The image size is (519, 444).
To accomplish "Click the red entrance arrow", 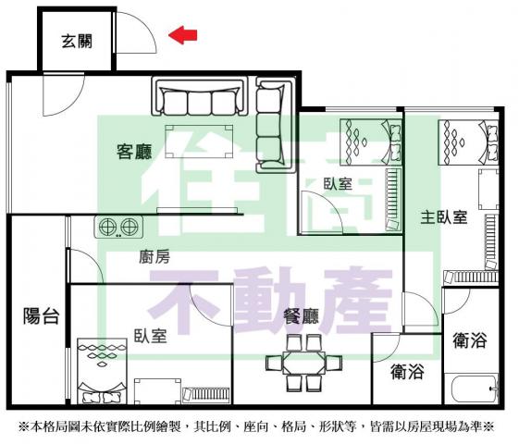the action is [182, 35].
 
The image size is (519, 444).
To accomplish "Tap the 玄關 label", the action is [77, 41].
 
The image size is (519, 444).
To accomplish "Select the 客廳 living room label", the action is [134, 151].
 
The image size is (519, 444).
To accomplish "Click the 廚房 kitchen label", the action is [154, 257].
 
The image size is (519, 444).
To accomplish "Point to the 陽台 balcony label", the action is [41, 315].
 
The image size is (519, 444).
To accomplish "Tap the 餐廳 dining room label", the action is [302, 316].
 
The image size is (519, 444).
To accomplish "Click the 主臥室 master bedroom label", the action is [443, 217].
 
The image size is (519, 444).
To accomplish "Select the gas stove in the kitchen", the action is [118, 227].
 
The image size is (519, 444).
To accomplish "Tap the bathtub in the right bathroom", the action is [475, 388].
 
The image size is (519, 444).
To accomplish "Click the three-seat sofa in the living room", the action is [200, 96].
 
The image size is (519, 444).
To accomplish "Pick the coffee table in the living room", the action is [199, 142].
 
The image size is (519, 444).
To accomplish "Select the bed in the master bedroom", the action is [468, 142].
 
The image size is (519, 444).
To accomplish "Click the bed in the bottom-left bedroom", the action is [102, 371].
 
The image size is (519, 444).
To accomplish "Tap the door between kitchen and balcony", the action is [85, 265].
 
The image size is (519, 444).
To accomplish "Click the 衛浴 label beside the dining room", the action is [407, 371].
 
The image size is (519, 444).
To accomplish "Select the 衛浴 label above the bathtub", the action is [470, 340].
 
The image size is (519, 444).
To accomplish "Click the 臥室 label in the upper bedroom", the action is [338, 184].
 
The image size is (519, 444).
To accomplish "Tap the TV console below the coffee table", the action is [197, 210].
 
